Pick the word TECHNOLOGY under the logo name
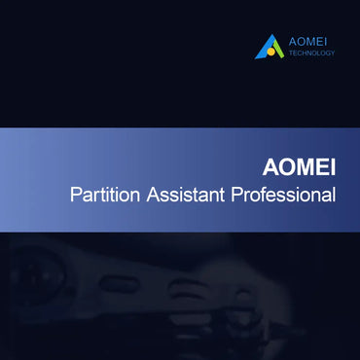(x=312, y=54)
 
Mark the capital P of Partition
(x=76, y=195)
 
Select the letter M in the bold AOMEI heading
(x=306, y=164)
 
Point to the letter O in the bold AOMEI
(x=289, y=164)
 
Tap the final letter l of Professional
(x=334, y=195)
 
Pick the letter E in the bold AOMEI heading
(x=323, y=164)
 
